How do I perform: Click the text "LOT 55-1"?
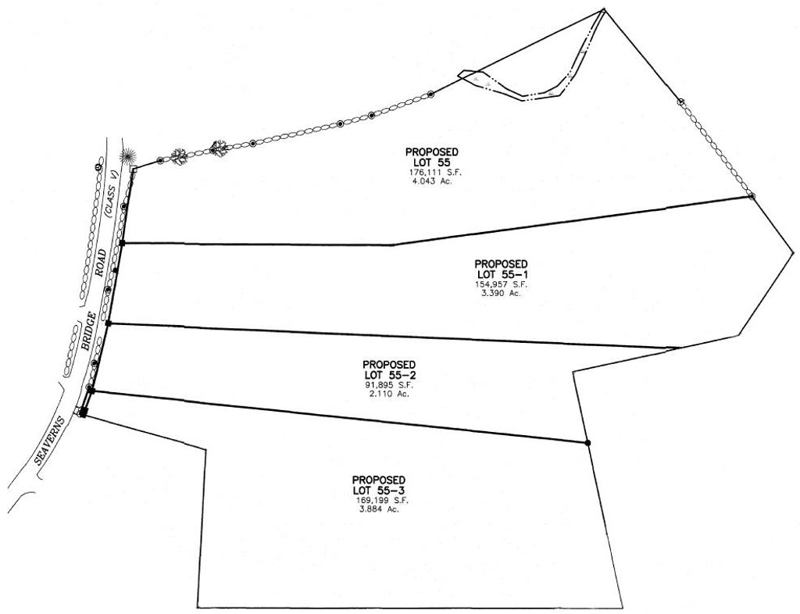(x=501, y=274)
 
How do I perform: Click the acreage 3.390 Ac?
(x=501, y=293)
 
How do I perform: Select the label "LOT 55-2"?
(x=389, y=375)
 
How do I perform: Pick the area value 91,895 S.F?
(x=389, y=386)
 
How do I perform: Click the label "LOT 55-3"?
(x=379, y=491)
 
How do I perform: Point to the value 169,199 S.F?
(x=383, y=501)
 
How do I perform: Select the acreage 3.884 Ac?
(x=379, y=509)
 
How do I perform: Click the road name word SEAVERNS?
(x=50, y=441)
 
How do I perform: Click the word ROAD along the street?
(x=101, y=262)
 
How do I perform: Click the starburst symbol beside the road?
(x=128, y=155)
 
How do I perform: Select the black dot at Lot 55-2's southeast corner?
(x=587, y=442)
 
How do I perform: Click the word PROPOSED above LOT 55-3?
(x=379, y=480)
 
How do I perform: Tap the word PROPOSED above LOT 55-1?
(x=501, y=264)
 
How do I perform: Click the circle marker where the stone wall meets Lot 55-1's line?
(x=751, y=196)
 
